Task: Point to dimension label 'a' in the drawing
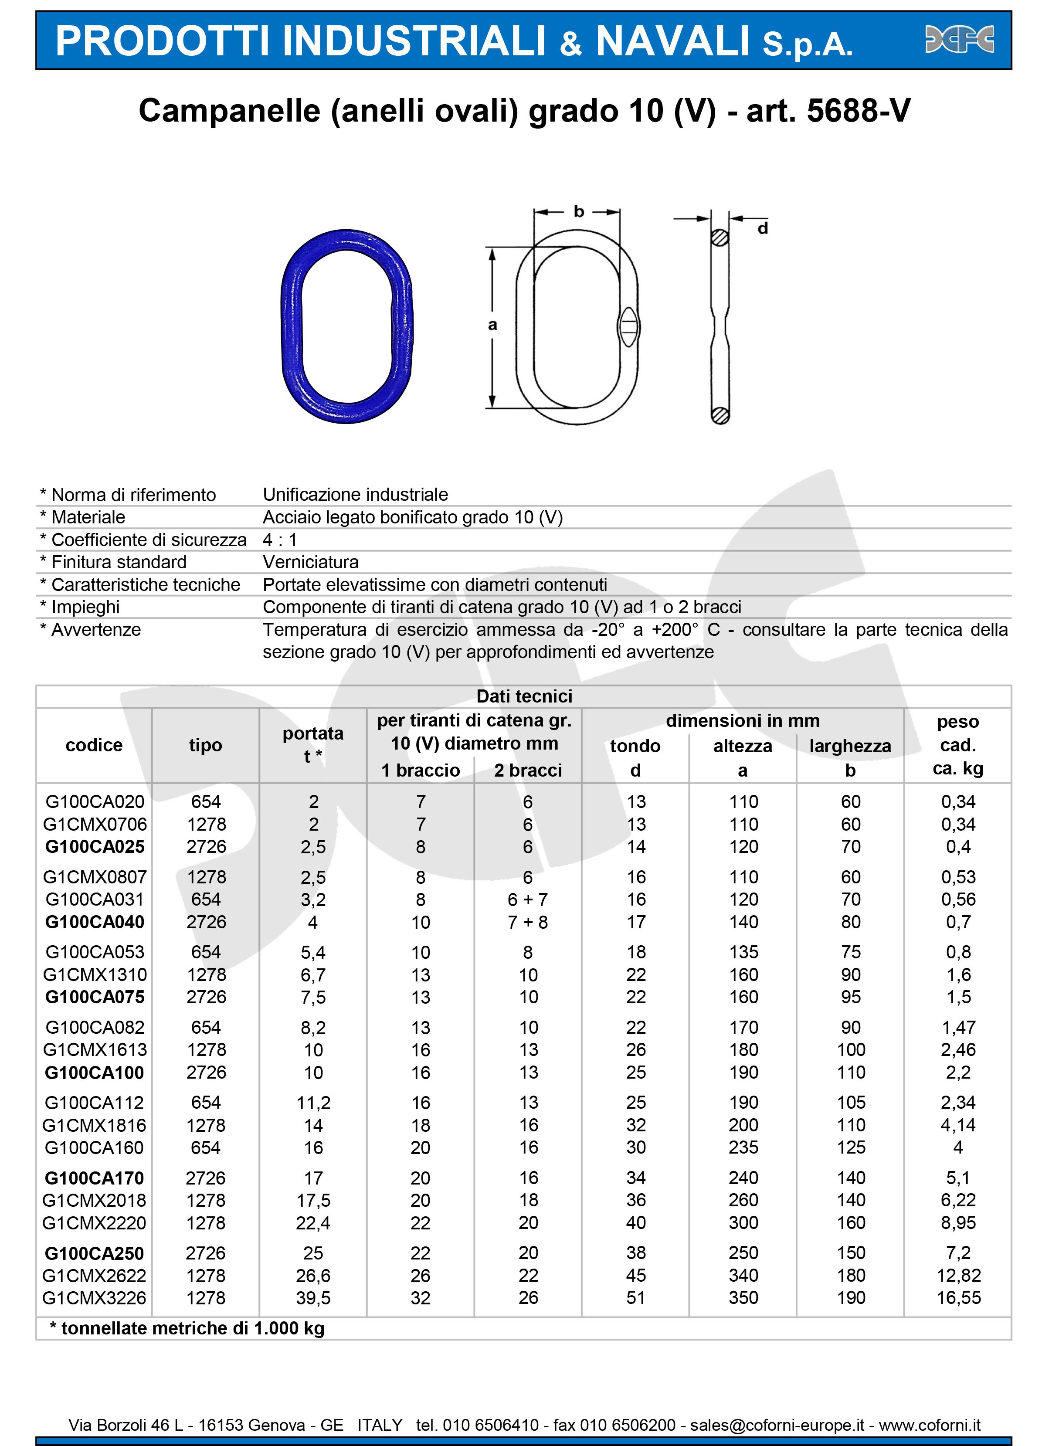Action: coord(492,325)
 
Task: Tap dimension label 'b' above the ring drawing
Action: coord(578,212)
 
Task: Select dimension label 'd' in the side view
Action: coord(762,228)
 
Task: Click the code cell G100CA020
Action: coord(95,801)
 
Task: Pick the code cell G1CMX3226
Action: coord(95,1297)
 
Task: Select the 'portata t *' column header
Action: coord(312,745)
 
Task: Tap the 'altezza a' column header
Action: coord(742,757)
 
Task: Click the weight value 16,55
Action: coord(958,1297)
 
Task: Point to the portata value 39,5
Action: coord(312,1297)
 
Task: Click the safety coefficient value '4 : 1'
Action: coord(280,540)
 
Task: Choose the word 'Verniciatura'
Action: coord(311,562)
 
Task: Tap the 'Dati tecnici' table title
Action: coord(524,696)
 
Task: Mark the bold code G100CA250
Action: coord(95,1253)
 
